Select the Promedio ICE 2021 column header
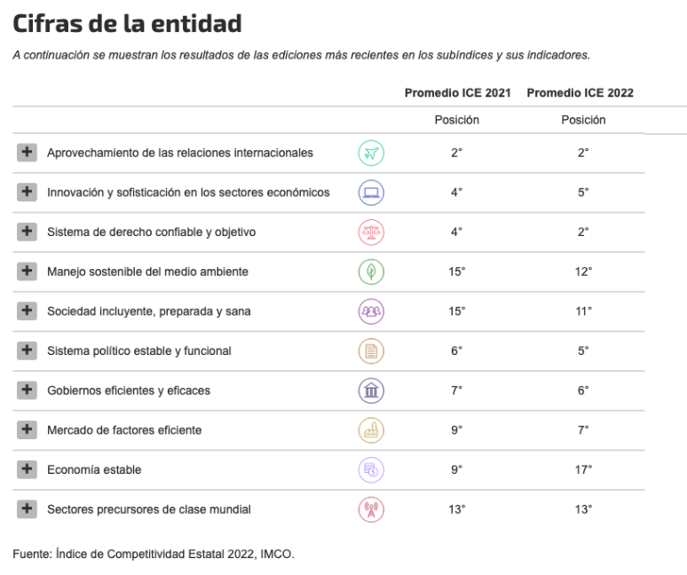click(x=457, y=93)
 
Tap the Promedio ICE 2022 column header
click(x=580, y=93)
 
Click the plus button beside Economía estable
click(x=27, y=469)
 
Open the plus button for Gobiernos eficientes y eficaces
click(x=27, y=390)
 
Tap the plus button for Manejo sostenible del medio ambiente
click(x=27, y=272)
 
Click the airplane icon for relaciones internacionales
click(x=371, y=153)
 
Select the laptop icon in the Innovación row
click(x=371, y=193)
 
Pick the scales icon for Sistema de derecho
click(x=371, y=232)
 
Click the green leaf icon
click(x=371, y=272)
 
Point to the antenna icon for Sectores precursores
click(x=371, y=509)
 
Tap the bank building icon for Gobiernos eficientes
click(x=371, y=390)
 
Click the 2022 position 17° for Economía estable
click(x=583, y=469)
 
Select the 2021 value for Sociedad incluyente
click(x=457, y=311)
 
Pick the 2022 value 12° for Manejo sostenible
click(x=583, y=272)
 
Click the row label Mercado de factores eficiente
click(x=124, y=430)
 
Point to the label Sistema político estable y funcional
click(x=138, y=351)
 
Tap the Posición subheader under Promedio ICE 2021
click(x=457, y=120)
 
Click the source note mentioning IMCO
click(x=153, y=555)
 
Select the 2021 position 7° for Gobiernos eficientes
click(x=457, y=390)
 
